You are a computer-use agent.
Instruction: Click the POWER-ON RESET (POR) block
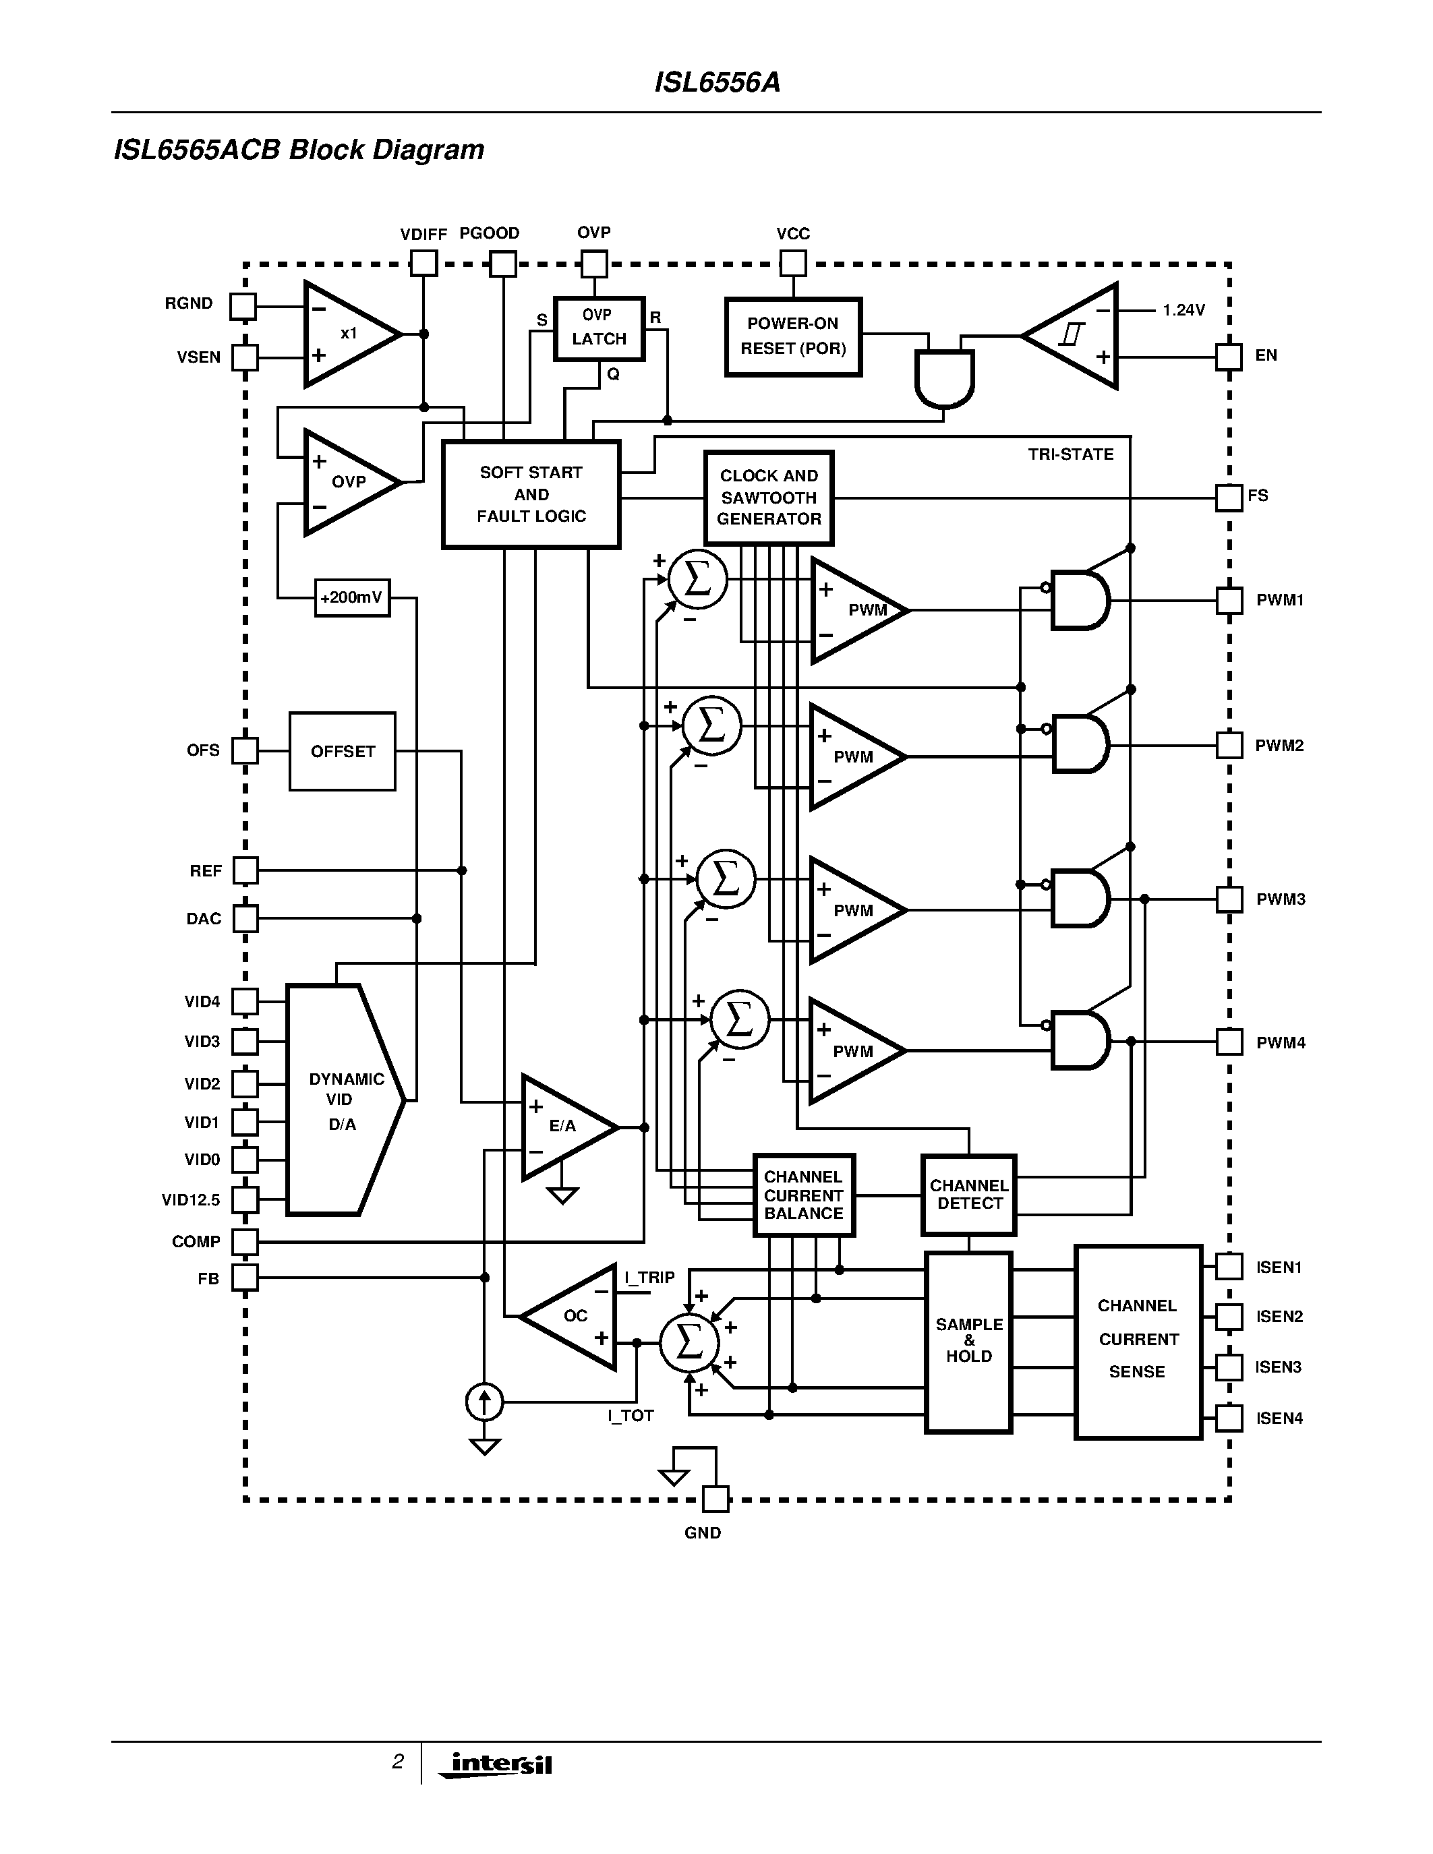793,336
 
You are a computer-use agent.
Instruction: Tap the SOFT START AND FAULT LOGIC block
531,494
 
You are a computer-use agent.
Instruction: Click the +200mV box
351,597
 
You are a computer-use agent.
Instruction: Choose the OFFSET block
342,751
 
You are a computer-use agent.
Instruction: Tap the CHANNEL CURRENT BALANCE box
803,1195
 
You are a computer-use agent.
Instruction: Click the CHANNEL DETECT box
968,1195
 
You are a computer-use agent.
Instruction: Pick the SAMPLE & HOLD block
968,1341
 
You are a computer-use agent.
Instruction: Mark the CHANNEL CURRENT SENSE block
1138,1341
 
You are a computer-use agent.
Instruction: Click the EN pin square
1229,357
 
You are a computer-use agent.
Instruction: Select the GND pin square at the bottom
715,1499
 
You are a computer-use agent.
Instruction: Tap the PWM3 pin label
1280,899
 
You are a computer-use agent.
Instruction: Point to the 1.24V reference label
1183,311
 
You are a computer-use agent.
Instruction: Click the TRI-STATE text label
1070,454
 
